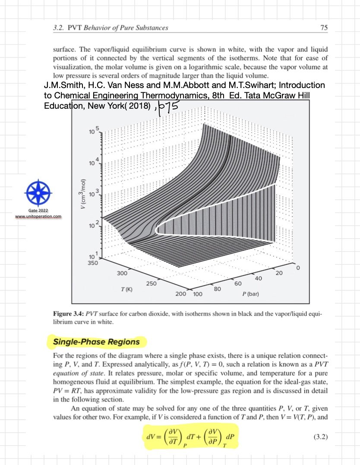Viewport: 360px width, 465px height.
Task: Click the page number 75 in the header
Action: [324, 28]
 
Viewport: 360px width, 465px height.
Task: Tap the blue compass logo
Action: [39, 192]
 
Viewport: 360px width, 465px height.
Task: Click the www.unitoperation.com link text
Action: [38, 217]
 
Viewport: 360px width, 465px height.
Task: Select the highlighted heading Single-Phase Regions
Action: [96, 342]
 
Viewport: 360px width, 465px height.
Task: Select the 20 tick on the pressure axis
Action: [278, 273]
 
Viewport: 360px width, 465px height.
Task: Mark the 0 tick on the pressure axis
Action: [298, 268]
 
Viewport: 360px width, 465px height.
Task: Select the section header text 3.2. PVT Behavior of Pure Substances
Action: [111, 28]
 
